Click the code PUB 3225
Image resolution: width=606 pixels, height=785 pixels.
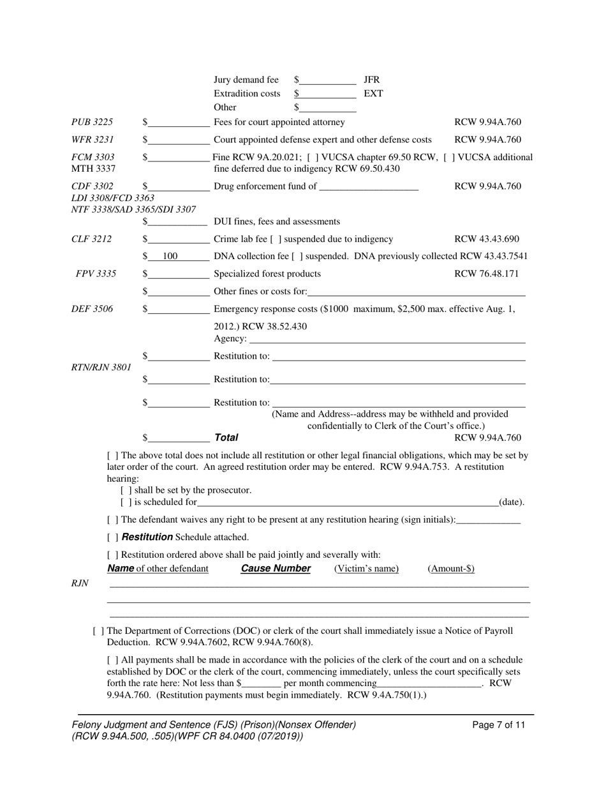[92, 122]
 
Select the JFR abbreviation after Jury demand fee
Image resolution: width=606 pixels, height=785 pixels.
[371, 80]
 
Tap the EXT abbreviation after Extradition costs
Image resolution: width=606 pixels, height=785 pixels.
[373, 93]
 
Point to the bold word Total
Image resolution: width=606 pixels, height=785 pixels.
[226, 438]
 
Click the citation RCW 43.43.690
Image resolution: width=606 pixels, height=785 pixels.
[486, 239]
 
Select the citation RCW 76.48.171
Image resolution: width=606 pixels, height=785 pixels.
[486, 274]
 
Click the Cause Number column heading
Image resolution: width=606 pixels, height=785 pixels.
[276, 569]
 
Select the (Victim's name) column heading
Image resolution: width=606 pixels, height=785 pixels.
[366, 569]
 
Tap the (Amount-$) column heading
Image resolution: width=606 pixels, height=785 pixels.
[450, 569]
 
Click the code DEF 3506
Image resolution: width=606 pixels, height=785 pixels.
[92, 309]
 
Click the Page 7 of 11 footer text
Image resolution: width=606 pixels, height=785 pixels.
[499, 725]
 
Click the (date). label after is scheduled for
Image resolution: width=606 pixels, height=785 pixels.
[511, 502]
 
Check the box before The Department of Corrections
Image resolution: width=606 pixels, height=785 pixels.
[98, 631]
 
